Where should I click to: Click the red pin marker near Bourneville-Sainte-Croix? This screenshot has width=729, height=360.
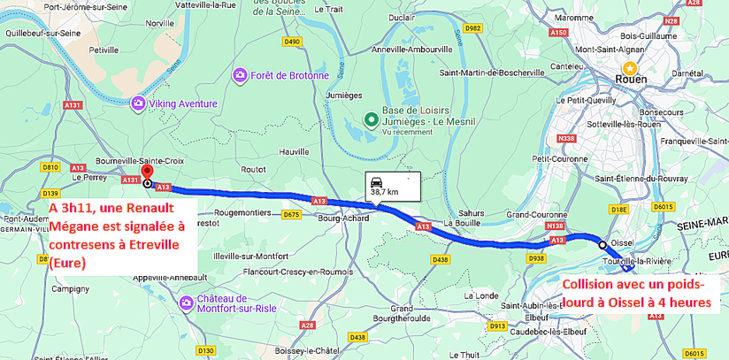[147, 172]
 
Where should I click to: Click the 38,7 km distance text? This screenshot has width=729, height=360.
[384, 192]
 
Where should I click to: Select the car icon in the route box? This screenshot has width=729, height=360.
[377, 180]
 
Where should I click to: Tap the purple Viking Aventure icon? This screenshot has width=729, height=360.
[138, 104]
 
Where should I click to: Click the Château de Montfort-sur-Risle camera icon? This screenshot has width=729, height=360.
[187, 303]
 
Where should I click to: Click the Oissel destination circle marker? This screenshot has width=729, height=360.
[602, 244]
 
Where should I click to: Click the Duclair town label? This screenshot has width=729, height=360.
[402, 17]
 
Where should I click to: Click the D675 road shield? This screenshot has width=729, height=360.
[291, 215]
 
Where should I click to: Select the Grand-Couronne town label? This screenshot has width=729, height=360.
[535, 215]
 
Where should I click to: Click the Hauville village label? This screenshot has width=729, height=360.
[295, 152]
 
